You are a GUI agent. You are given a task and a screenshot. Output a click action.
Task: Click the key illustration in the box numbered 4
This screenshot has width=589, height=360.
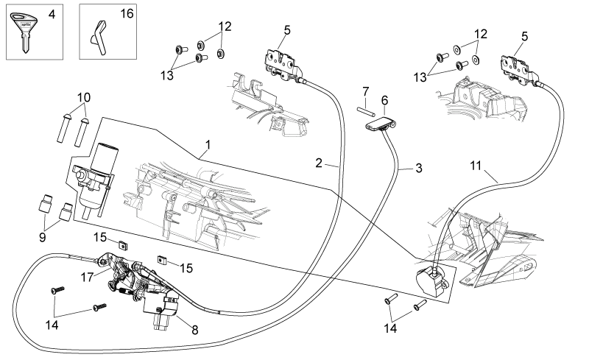(24, 30)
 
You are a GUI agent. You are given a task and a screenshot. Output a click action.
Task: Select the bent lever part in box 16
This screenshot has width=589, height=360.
(98, 38)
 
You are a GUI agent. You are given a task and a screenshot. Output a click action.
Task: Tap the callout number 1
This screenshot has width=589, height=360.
(208, 145)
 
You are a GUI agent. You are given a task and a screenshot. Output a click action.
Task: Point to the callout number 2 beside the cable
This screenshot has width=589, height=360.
(319, 163)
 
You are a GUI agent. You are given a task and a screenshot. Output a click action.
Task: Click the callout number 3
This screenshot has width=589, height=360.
(419, 168)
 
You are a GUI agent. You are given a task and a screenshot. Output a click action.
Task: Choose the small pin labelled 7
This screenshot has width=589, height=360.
(365, 111)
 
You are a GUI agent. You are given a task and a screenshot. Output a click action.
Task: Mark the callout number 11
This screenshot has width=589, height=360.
(476, 166)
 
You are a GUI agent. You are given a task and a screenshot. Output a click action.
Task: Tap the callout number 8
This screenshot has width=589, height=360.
(194, 330)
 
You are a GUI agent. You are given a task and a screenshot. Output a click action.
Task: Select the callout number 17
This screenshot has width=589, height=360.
(87, 278)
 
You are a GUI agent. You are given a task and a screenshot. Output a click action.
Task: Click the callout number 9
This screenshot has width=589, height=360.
(42, 238)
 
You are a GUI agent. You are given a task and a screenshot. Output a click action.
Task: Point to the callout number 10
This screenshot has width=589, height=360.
(84, 98)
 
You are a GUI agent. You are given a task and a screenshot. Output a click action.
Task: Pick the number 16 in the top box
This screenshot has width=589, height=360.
(127, 13)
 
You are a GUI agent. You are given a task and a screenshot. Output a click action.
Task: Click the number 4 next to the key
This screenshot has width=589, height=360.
(52, 14)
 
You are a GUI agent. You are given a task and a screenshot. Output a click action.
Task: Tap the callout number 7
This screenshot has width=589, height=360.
(366, 91)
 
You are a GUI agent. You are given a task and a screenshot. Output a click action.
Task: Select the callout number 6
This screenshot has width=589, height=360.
(384, 101)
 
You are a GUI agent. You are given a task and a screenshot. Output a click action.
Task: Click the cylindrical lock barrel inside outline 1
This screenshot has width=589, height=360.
(99, 180)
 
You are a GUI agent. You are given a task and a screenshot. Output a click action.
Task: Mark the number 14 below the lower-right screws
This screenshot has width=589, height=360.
(390, 328)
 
